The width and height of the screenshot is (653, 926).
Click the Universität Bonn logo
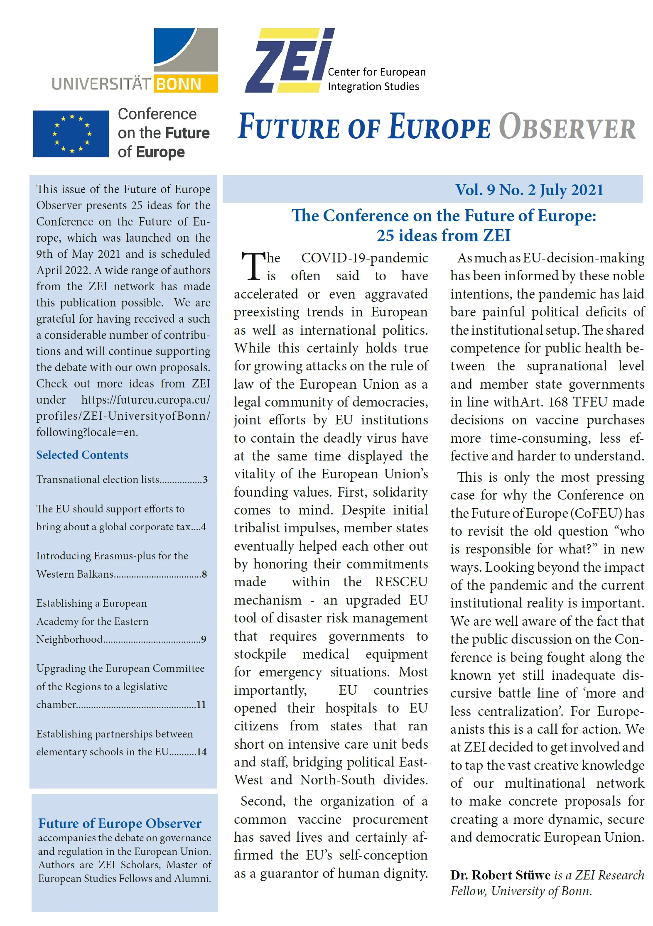[x=135, y=61]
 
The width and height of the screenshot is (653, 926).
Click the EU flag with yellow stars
[x=71, y=134]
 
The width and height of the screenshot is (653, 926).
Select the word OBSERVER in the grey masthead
[x=567, y=127]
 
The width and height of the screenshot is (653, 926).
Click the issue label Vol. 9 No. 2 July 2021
[x=529, y=190]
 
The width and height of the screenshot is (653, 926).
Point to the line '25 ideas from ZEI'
[x=443, y=235]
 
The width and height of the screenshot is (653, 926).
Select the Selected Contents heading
[x=82, y=455]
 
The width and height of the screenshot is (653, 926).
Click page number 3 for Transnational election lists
[x=205, y=480]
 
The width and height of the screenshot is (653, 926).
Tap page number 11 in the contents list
[x=201, y=705]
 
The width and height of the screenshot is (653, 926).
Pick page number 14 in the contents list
[x=201, y=752]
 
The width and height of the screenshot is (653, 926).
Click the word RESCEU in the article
[x=401, y=582]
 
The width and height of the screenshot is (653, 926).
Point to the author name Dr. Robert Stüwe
[x=500, y=875]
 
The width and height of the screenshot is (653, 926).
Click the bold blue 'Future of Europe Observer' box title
[x=120, y=823]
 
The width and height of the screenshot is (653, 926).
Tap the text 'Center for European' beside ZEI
[x=376, y=72]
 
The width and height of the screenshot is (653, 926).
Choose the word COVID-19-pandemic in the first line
[x=364, y=258]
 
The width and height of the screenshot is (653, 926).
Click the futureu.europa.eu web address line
[x=145, y=400]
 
